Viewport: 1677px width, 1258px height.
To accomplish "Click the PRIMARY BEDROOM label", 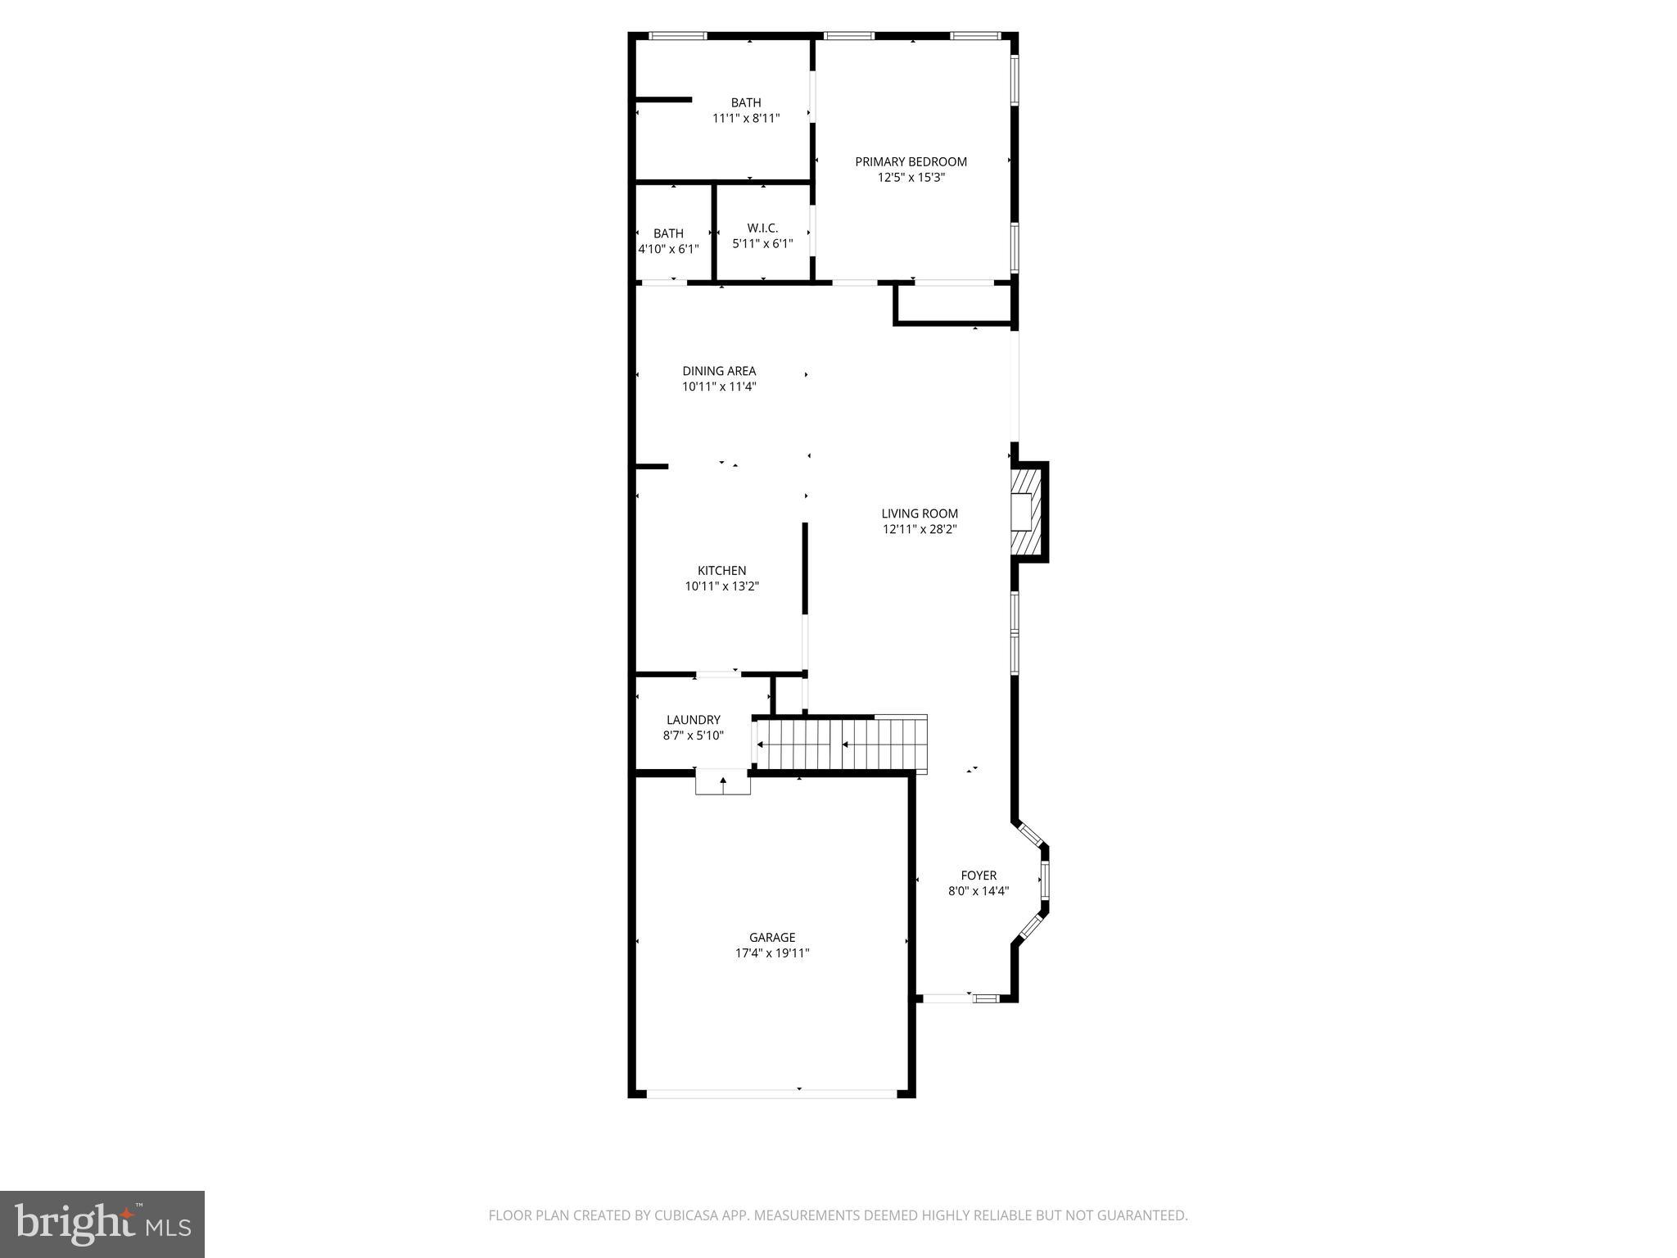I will point(911,162).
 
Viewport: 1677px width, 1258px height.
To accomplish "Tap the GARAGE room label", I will point(772,938).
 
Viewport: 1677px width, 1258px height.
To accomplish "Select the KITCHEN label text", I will point(721,571).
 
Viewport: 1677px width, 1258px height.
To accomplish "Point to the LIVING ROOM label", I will point(920,514).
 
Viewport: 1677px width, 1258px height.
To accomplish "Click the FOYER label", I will point(979,876).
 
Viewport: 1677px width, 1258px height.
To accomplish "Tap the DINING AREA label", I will point(719,371).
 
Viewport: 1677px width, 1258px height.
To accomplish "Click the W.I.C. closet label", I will point(762,228).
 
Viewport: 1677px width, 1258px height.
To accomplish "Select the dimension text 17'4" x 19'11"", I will point(772,953).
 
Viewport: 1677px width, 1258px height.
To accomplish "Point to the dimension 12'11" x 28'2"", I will point(920,530).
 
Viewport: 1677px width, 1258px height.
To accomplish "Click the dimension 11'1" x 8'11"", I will point(746,118).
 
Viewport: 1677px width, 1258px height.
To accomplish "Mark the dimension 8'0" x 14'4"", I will point(979,891).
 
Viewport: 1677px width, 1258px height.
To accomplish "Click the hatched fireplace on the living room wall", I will point(1023,513).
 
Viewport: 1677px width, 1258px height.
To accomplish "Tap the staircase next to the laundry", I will point(839,743).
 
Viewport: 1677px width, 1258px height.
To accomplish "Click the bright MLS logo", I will point(102,1225).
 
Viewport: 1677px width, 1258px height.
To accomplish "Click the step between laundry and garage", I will point(723,781).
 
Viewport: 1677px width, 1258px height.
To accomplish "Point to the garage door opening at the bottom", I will point(771,1093).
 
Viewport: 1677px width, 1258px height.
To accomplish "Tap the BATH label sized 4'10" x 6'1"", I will point(668,233).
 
